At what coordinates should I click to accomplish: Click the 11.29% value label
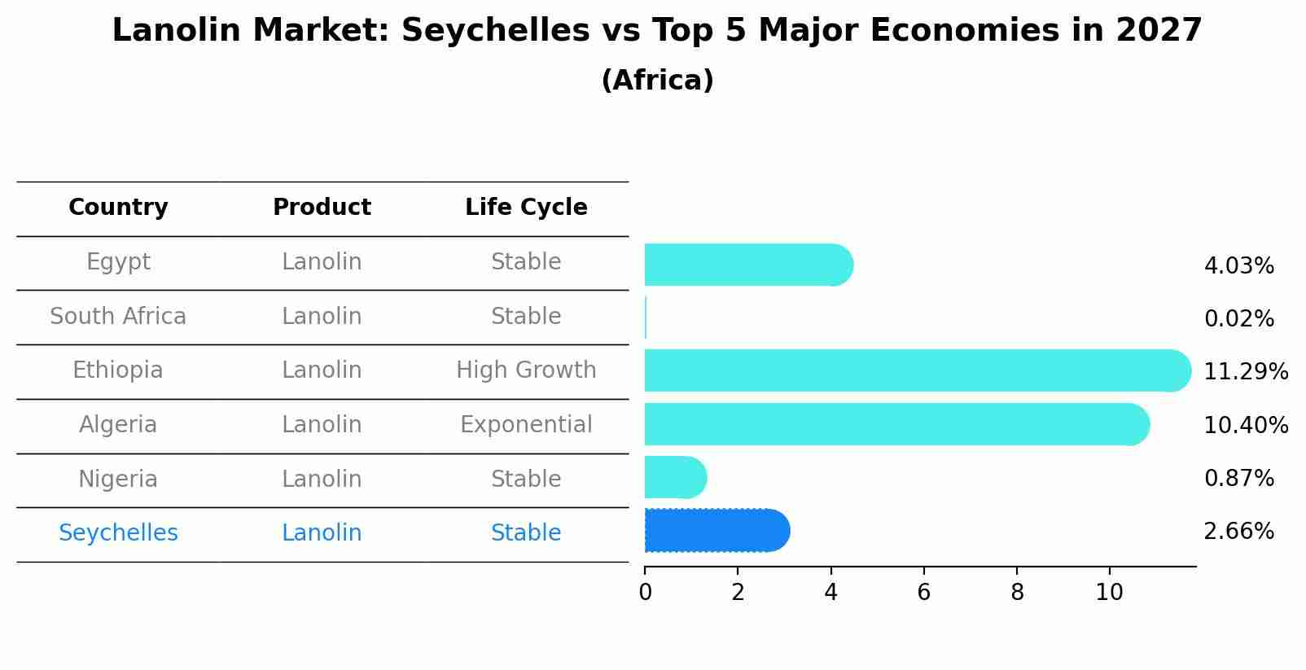[1245, 372]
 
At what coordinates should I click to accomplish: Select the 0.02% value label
[1238, 319]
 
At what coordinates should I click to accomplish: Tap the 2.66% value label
[1238, 532]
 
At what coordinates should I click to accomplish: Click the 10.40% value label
[1245, 425]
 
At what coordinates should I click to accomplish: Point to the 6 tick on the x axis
[923, 592]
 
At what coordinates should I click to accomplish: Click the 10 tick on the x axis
[1109, 592]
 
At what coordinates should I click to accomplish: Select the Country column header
[118, 208]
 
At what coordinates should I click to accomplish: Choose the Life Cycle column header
[526, 208]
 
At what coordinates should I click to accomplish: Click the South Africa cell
[118, 316]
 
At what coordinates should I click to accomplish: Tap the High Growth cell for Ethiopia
[526, 370]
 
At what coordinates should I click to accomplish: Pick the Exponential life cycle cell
[526, 425]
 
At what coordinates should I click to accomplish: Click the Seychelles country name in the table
[118, 533]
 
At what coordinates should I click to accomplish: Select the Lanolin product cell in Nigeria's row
[322, 479]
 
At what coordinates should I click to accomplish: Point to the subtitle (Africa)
[657, 81]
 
